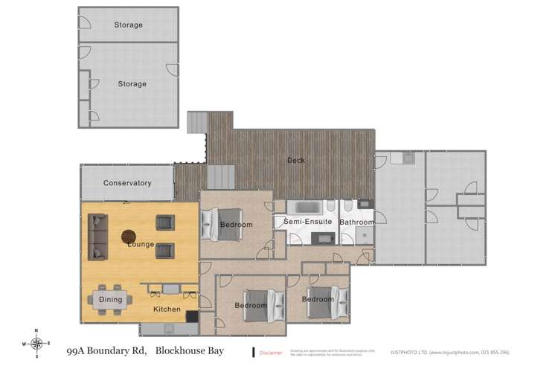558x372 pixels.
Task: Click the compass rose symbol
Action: click(36, 343)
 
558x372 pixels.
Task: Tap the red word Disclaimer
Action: click(271, 353)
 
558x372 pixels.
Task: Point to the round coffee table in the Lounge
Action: click(129, 237)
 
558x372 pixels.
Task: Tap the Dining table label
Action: click(110, 300)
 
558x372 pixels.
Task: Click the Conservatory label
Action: click(127, 183)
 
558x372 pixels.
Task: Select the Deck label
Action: click(296, 160)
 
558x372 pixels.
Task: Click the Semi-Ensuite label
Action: click(307, 222)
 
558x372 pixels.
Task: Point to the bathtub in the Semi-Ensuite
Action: click(305, 207)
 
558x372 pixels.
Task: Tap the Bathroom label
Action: click(356, 222)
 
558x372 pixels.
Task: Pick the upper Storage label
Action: click(128, 25)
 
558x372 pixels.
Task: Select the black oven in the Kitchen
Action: click(192, 316)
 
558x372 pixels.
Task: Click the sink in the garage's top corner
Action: click(406, 158)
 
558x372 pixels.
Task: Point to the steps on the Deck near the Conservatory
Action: click(221, 177)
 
